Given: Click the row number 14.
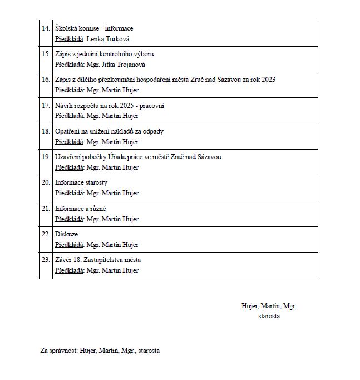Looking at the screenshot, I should coord(46,28).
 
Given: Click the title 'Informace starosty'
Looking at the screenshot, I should coord(81,182).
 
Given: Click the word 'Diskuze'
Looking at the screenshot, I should coord(66,234).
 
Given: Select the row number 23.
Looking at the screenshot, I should coord(46,260).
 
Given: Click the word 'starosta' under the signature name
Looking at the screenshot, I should coord(269,316).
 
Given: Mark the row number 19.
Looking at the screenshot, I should coord(46,157).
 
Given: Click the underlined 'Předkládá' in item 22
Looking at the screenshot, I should coord(69,244).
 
